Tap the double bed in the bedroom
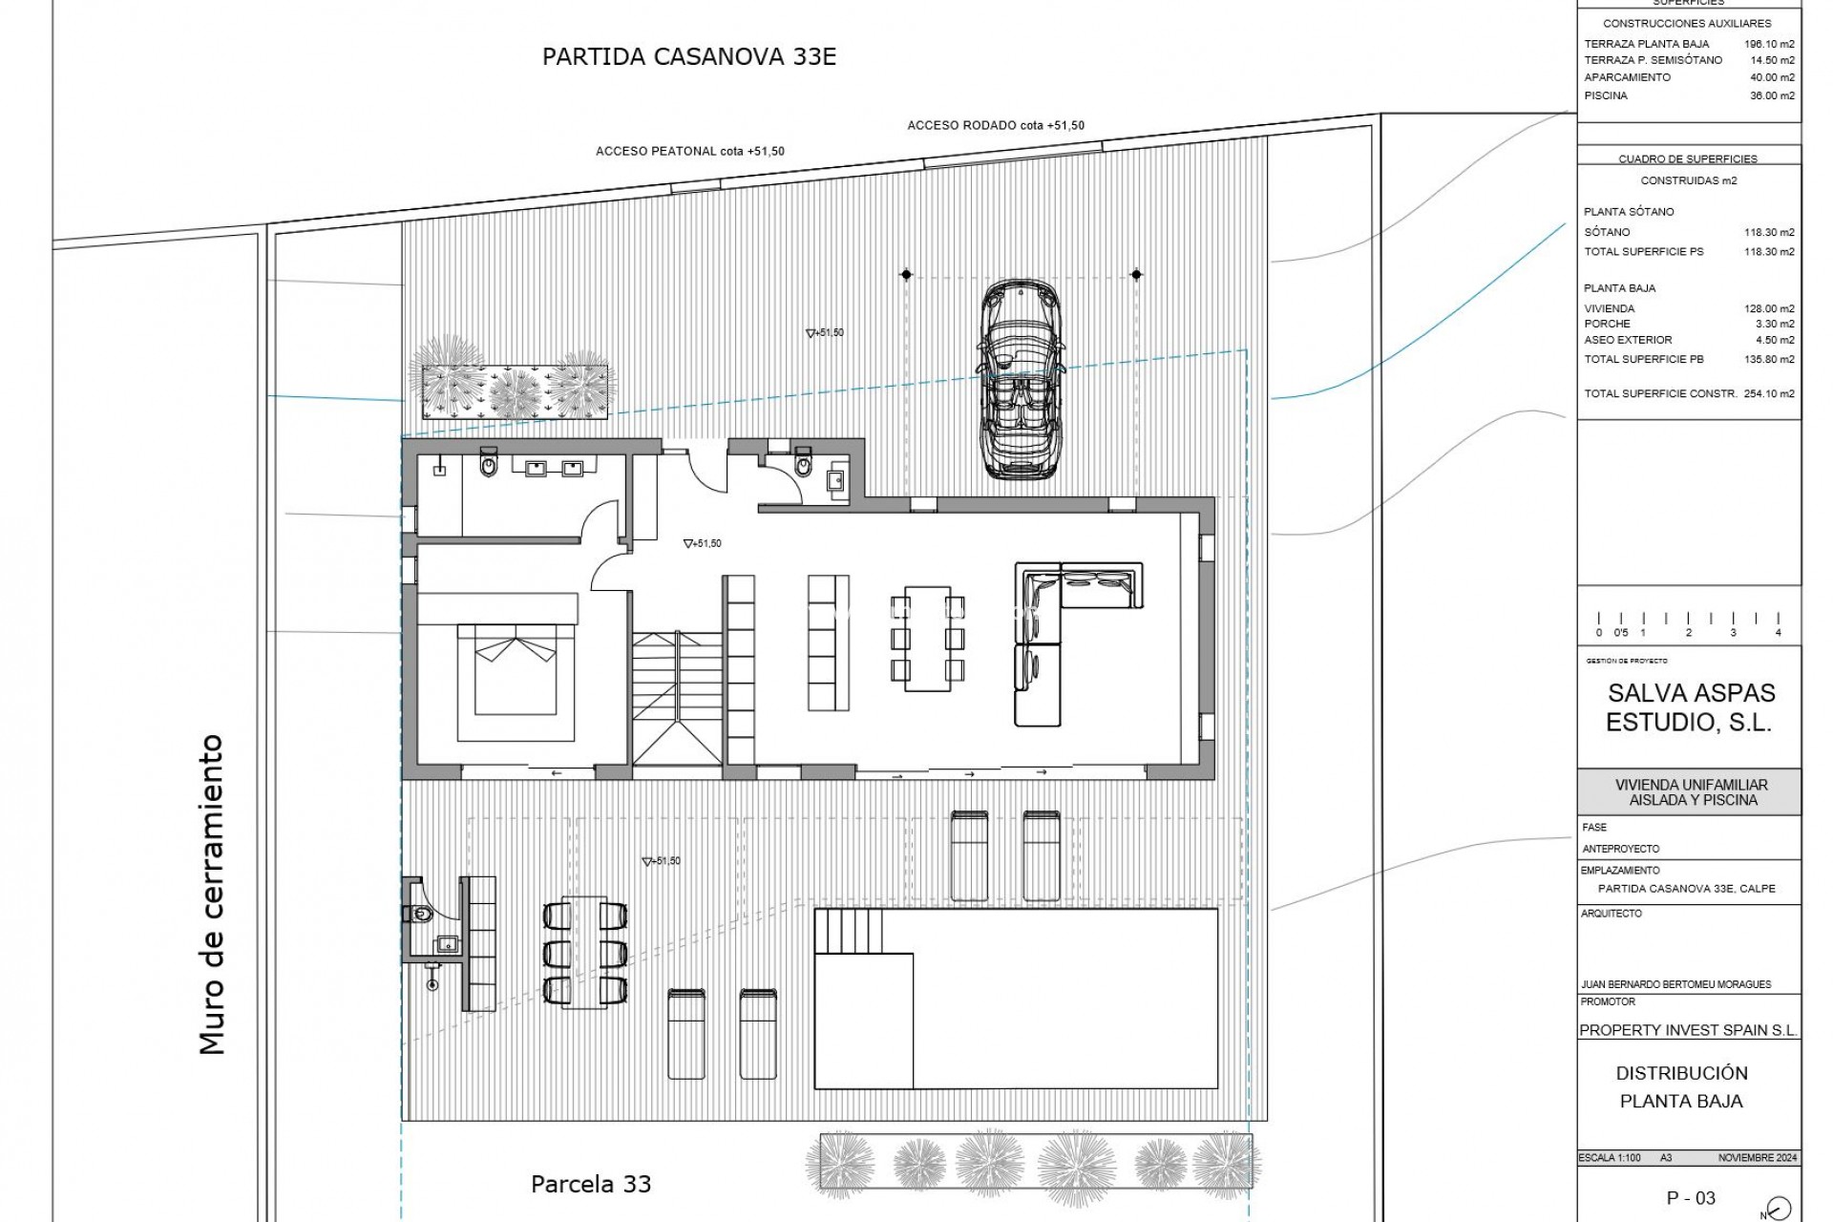[516, 670]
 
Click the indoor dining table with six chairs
[927, 638]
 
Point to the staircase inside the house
[677, 697]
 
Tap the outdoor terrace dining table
[585, 951]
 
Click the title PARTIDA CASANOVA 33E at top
[688, 56]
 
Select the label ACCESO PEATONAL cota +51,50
[689, 152]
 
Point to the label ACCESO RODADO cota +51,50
[995, 125]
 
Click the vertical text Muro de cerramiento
[212, 894]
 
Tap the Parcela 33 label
[590, 1185]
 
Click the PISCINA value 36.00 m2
[1771, 95]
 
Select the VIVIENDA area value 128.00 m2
[1768, 308]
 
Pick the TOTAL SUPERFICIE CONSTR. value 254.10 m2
[1768, 393]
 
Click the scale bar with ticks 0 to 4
[1688, 625]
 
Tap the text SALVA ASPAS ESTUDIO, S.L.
[1690, 707]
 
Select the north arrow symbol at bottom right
[1780, 1207]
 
